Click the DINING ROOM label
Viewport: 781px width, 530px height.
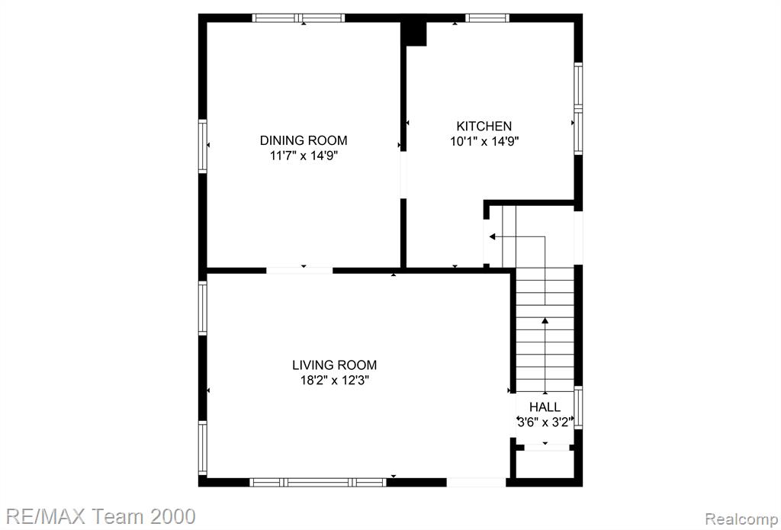tap(304, 140)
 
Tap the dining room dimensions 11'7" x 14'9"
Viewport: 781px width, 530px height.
tap(304, 156)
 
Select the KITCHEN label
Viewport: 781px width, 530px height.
tap(484, 126)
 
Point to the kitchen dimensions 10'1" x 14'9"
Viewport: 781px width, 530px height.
tap(484, 142)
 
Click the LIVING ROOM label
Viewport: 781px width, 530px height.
tap(334, 365)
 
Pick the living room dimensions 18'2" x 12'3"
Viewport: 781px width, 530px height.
tap(334, 381)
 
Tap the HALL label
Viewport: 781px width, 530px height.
tap(545, 407)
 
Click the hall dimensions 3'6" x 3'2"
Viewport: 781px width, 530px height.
tap(545, 422)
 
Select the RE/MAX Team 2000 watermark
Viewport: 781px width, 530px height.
tap(98, 516)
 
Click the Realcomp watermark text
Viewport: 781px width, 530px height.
tap(743, 518)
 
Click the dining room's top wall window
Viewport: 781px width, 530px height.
tap(298, 18)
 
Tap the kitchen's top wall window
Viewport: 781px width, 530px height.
tap(487, 18)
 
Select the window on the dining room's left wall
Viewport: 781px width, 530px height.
tap(203, 146)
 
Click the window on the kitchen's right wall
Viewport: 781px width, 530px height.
tap(578, 108)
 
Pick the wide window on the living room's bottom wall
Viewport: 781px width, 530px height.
tap(318, 482)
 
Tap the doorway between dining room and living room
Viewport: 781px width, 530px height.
tap(299, 271)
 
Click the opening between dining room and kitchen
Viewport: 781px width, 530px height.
tap(403, 175)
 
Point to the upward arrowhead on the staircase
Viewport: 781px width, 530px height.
tap(545, 321)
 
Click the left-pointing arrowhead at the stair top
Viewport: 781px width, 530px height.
tap(493, 236)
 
